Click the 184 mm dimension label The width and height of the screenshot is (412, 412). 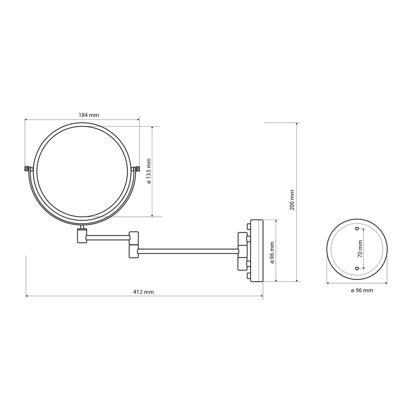[89, 115]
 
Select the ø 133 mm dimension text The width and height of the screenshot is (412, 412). [149, 171]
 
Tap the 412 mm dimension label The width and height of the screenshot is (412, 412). [143, 292]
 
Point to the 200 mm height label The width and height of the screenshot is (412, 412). [292, 200]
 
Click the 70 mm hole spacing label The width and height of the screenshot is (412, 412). [360, 249]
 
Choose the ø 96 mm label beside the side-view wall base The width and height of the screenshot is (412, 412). [272, 253]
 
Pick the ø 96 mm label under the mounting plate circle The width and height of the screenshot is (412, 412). [362, 290]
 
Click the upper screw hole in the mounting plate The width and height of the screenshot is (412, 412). [357, 229]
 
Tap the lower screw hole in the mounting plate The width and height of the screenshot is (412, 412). [357, 268]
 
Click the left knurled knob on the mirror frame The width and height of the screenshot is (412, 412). [27, 168]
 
